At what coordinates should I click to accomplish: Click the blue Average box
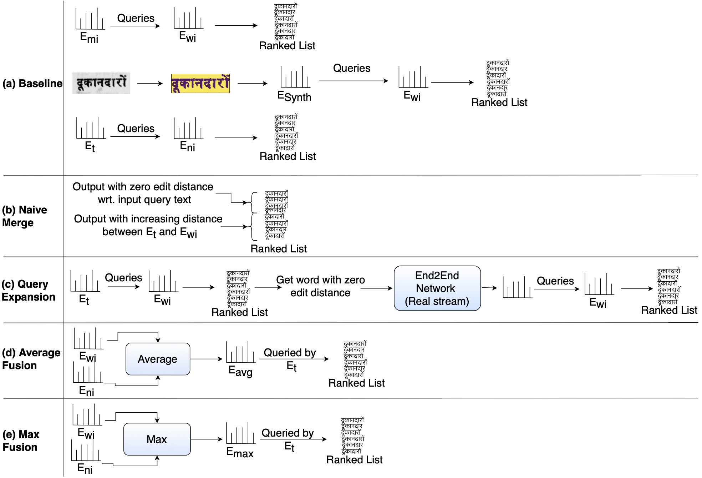[158, 359]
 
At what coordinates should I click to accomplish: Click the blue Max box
[157, 439]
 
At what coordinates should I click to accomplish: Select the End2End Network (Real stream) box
[437, 288]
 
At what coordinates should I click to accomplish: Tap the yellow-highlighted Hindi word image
[200, 84]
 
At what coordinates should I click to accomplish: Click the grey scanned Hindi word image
[101, 84]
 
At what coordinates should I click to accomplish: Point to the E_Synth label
[294, 96]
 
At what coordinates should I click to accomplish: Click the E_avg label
[240, 371]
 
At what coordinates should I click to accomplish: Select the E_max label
[240, 452]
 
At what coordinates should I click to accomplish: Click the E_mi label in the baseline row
[89, 37]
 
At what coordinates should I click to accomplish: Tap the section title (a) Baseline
[32, 83]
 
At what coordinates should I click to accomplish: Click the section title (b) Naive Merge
[24, 216]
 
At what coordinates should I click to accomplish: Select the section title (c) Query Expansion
[29, 290]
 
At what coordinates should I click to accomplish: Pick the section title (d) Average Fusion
[31, 359]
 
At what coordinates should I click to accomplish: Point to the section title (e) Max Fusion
[21, 441]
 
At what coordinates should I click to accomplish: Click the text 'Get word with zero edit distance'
[320, 286]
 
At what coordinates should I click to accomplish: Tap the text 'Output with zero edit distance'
[143, 187]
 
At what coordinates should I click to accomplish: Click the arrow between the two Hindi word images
[150, 84]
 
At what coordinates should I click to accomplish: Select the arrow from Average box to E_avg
[206, 359]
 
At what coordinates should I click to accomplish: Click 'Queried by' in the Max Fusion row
[288, 433]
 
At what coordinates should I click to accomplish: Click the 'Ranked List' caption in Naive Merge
[279, 248]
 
